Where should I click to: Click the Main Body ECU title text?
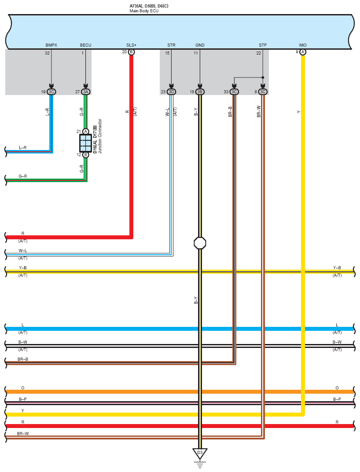pyautogui.click(x=144, y=11)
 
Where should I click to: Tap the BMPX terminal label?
pyautogui.click(x=51, y=45)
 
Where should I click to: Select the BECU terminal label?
pyautogui.click(x=85, y=45)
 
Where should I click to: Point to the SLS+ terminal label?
pyautogui.click(x=131, y=45)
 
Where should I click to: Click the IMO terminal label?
pyautogui.click(x=303, y=45)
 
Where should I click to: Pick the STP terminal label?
pyautogui.click(x=263, y=45)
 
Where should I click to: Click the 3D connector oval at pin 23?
pyautogui.click(x=171, y=92)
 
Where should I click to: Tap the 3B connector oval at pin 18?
pyautogui.click(x=200, y=92)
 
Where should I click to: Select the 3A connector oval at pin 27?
pyautogui.click(x=85, y=92)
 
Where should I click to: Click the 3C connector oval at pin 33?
pyautogui.click(x=234, y=92)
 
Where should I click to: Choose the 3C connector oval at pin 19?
pyautogui.click(x=51, y=92)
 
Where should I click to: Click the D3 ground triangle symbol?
pyautogui.click(x=200, y=454)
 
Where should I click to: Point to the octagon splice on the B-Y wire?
pyautogui.click(x=200, y=243)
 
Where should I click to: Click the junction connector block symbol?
pyautogui.click(x=85, y=143)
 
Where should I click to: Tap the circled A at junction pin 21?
pyautogui.click(x=85, y=132)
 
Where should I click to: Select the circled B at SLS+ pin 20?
pyautogui.click(x=131, y=52)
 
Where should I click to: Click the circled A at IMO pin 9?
pyautogui.click(x=303, y=52)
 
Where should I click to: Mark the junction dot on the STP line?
pyautogui.click(x=263, y=77)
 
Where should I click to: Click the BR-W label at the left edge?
pyautogui.click(x=23, y=433)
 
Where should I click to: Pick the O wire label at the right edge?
pyautogui.click(x=337, y=388)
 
